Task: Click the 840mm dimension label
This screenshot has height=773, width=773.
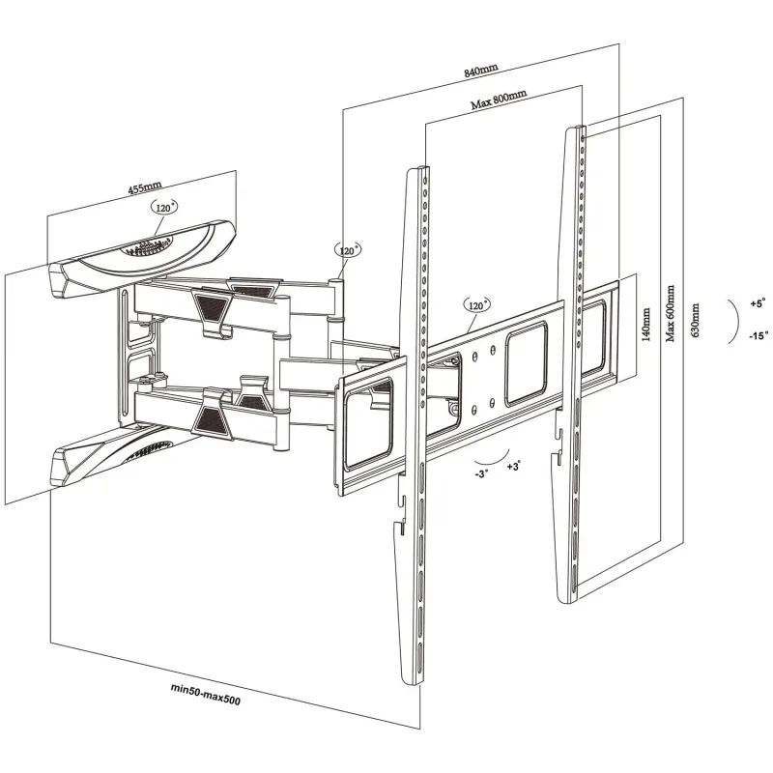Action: (x=481, y=70)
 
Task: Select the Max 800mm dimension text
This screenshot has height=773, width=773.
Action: (x=499, y=100)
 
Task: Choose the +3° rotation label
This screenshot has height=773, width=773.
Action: (x=514, y=467)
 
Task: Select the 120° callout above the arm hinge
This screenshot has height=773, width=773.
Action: (x=348, y=250)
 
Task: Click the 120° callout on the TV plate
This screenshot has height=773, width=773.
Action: (x=474, y=305)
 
